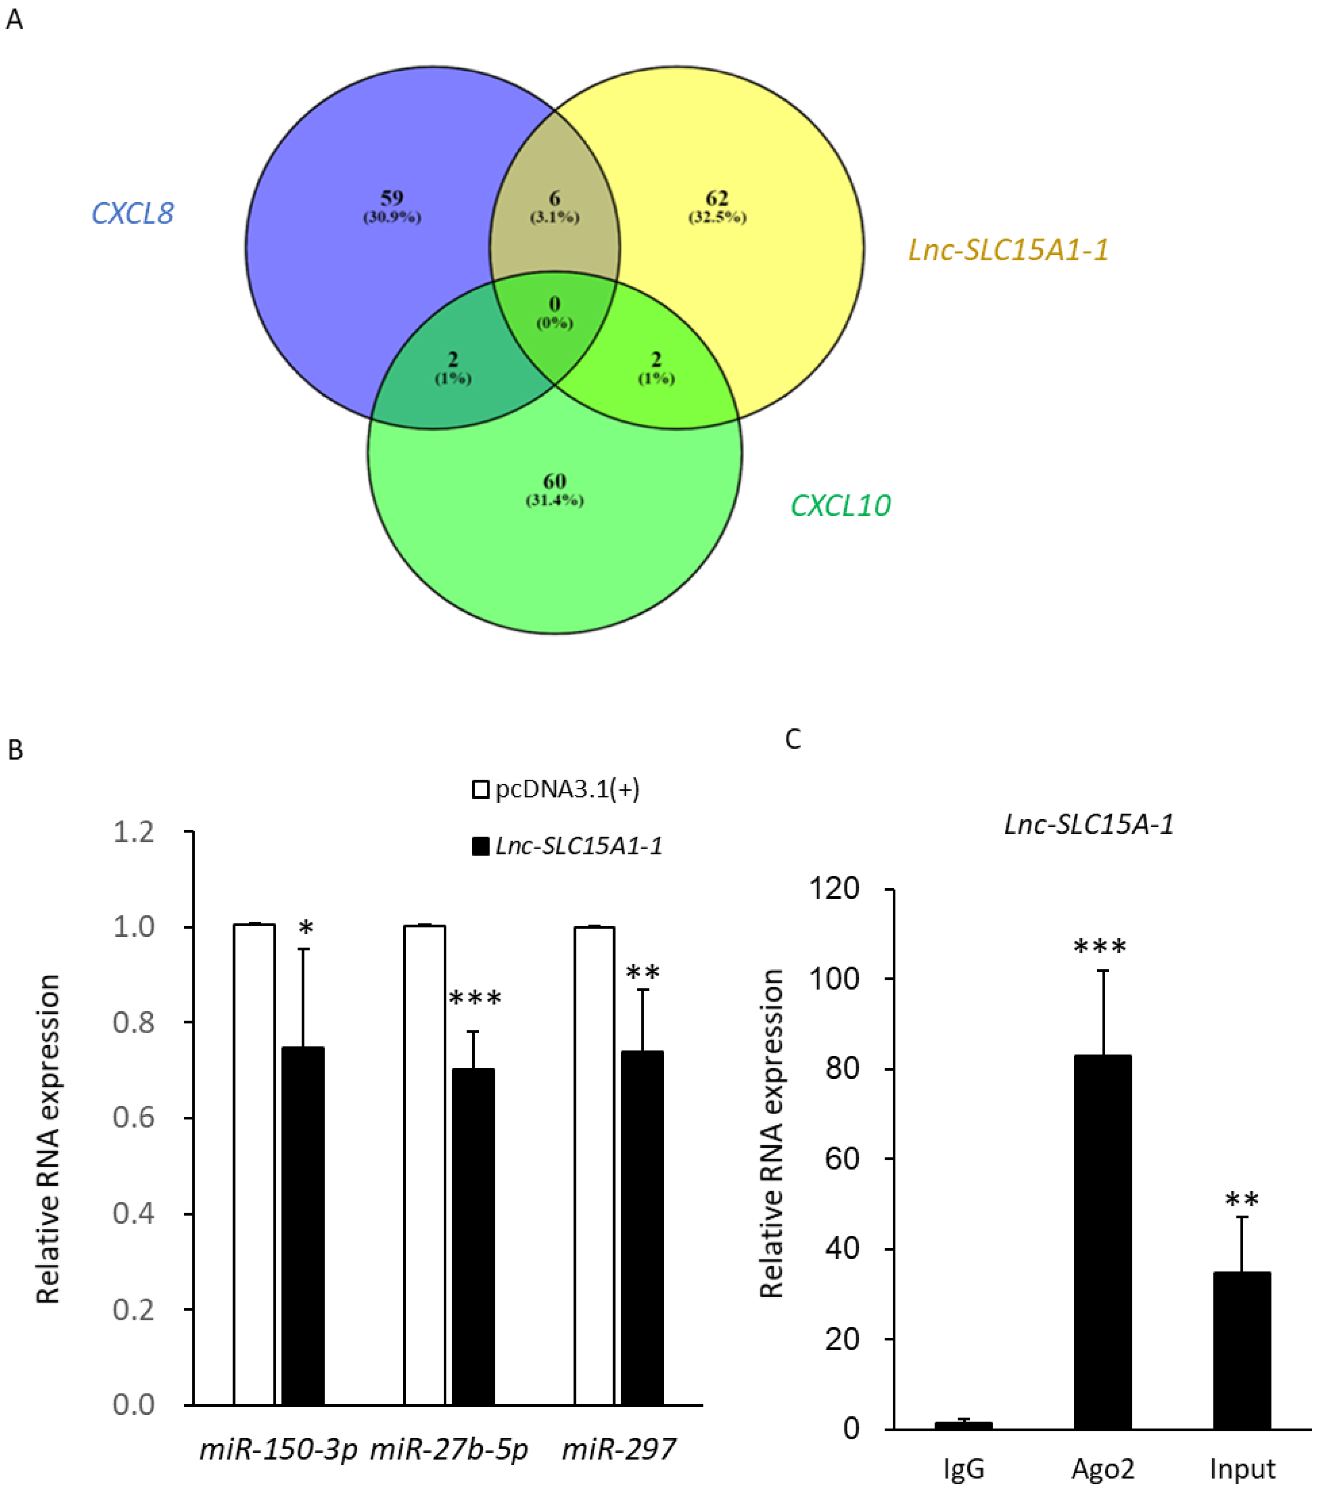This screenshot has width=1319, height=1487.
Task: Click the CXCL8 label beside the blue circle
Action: point(132,213)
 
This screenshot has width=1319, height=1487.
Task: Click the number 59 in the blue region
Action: point(392,198)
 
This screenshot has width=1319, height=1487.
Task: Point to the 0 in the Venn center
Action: point(555,304)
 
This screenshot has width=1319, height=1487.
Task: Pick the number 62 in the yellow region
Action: point(717,198)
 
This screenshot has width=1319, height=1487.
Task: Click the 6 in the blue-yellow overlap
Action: point(555,198)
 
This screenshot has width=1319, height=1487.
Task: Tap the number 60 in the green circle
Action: point(555,481)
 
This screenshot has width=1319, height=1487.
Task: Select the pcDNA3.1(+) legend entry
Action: point(556,789)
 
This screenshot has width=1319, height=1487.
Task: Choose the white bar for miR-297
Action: point(594,1164)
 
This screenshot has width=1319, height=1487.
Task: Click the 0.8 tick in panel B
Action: point(134,1022)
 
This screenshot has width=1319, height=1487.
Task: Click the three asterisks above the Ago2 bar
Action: point(1100,947)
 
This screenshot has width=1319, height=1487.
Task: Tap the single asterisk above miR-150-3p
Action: point(306,929)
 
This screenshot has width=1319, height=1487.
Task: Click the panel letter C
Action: point(793,739)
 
